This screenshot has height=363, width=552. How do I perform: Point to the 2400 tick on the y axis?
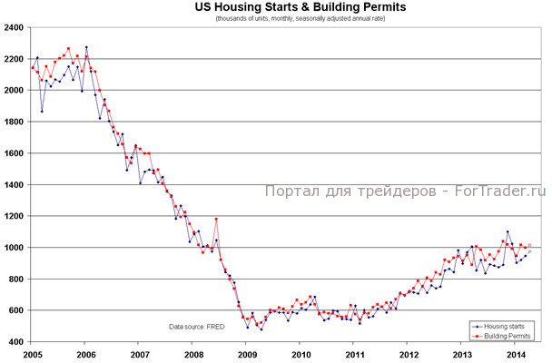(x=15, y=28)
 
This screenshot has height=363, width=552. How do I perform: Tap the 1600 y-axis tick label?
(x=15, y=153)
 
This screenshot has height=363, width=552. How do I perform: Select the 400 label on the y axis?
(x=18, y=342)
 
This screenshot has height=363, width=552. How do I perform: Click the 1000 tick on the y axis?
(x=15, y=248)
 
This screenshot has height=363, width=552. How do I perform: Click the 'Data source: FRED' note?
(x=197, y=325)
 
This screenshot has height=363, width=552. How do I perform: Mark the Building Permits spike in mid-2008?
(x=216, y=219)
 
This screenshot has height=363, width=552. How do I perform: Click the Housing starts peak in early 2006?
(x=86, y=47)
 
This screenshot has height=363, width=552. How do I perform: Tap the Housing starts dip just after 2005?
(x=42, y=112)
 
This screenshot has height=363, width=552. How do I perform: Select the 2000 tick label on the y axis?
(x=15, y=91)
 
